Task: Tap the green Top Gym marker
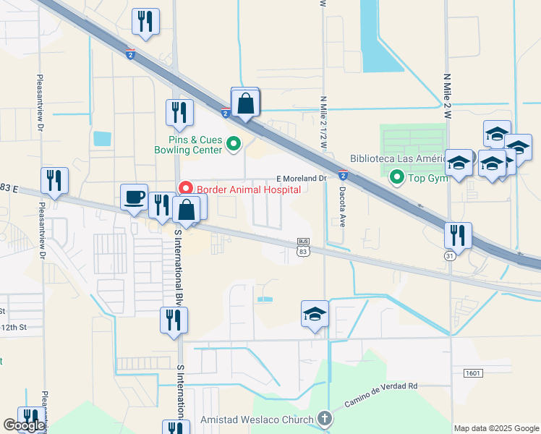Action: (397, 176)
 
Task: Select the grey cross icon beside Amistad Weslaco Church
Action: (325, 419)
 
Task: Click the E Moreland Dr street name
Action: (302, 179)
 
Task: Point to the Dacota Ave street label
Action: (342, 208)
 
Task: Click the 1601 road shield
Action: (474, 373)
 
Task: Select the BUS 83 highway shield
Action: (304, 247)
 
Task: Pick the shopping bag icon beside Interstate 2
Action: (246, 103)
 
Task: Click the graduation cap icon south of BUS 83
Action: (315, 315)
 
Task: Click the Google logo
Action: (24, 425)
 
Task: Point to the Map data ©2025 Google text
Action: (497, 428)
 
